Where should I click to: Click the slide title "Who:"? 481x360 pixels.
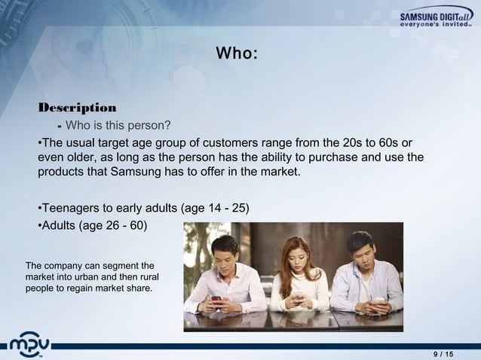click(x=237, y=53)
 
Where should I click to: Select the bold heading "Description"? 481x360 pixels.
click(x=77, y=107)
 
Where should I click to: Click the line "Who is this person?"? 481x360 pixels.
click(x=119, y=125)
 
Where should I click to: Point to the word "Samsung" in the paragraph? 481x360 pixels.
click(x=140, y=172)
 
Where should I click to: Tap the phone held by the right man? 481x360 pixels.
click(x=379, y=301)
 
